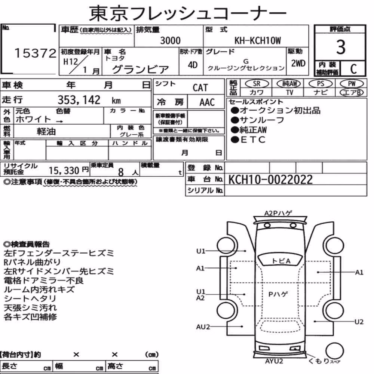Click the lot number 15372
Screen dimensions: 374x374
point(35,53)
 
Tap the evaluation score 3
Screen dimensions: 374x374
point(341,47)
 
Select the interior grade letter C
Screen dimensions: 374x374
point(353,69)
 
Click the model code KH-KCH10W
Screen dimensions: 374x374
point(258,41)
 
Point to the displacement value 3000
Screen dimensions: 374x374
point(170,40)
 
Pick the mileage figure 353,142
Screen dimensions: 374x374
point(79,100)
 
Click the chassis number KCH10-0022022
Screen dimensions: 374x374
point(270,180)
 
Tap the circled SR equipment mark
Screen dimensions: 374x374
point(257,84)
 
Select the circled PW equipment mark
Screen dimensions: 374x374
point(352,84)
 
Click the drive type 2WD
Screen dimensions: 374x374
point(298,64)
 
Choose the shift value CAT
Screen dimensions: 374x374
point(200,88)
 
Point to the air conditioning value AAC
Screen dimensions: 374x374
point(207,102)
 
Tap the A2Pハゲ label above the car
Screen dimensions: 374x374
point(278,213)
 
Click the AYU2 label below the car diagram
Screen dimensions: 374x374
point(274,361)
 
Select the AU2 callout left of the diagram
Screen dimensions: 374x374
point(203,327)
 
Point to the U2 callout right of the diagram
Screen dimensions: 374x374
point(359,322)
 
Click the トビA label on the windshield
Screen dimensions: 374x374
point(281,261)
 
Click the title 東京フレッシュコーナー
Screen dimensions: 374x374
point(187,13)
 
